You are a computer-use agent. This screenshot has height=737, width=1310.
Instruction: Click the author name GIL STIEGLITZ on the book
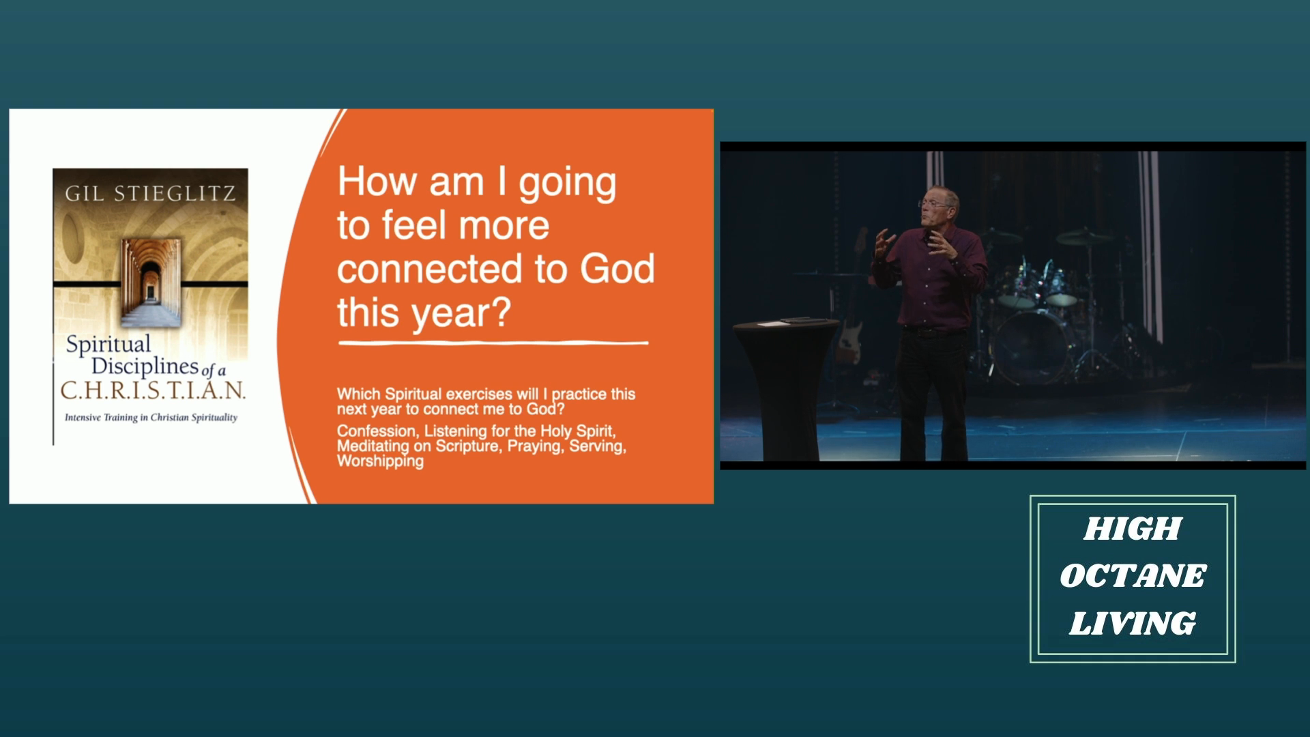click(150, 194)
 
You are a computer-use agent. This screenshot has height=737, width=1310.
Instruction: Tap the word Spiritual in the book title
click(108, 345)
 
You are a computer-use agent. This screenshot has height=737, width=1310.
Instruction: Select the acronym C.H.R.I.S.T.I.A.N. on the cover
click(153, 390)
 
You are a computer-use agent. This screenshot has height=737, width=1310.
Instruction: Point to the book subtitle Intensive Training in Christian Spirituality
click(151, 418)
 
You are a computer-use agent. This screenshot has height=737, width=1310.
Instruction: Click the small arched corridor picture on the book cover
click(151, 281)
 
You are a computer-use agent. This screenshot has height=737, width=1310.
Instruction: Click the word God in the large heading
click(617, 269)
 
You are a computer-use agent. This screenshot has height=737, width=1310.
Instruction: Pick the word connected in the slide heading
click(431, 269)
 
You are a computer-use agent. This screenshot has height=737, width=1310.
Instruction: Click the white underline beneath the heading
click(493, 343)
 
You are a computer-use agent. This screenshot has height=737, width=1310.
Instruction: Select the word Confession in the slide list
click(377, 431)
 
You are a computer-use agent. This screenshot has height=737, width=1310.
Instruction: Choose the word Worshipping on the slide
click(380, 461)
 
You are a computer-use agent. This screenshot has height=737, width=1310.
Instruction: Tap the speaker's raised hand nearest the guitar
click(884, 243)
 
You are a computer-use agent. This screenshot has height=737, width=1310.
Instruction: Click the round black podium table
click(786, 386)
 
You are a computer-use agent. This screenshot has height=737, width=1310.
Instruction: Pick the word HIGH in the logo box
click(1133, 529)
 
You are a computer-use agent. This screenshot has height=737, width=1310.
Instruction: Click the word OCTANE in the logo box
click(1133, 576)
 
